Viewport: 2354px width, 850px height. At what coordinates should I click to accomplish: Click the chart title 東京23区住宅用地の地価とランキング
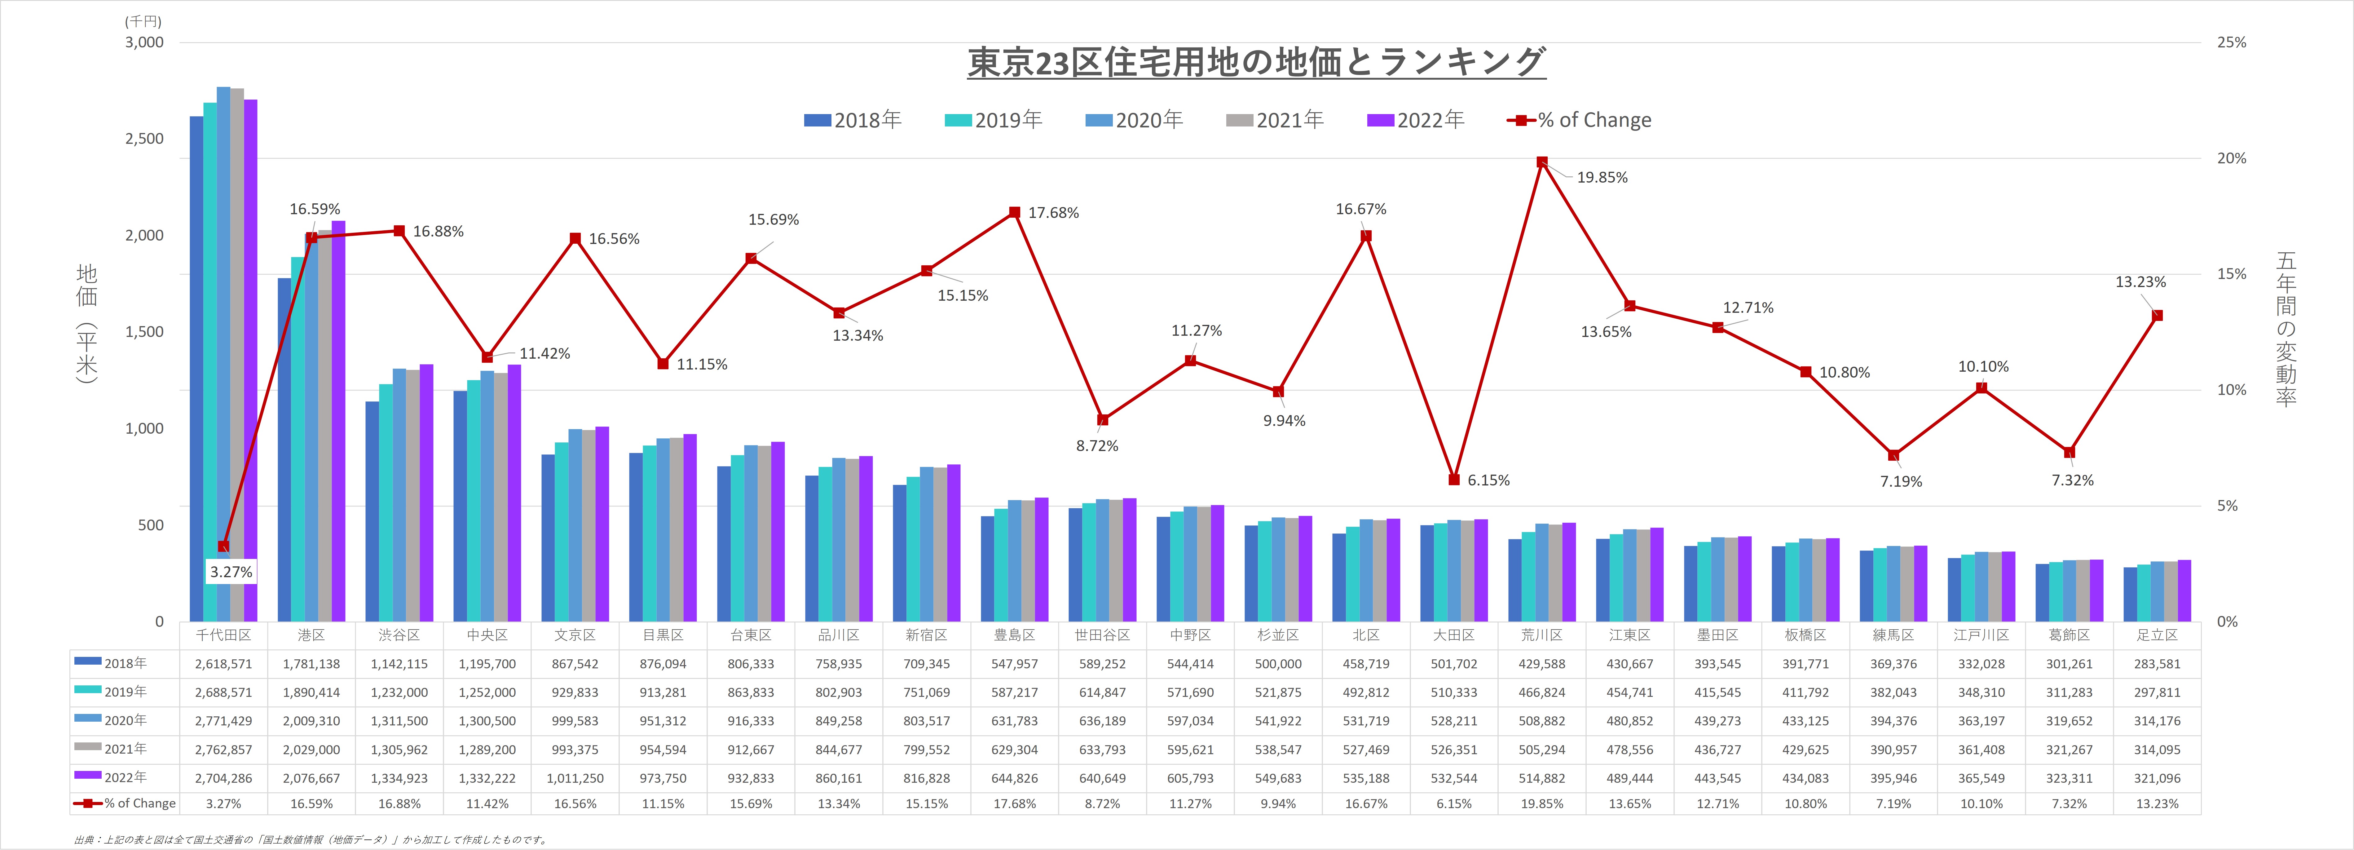point(1257,62)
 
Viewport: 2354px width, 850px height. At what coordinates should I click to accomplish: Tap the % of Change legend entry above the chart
point(1579,120)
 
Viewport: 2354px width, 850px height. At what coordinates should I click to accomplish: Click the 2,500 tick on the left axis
point(144,139)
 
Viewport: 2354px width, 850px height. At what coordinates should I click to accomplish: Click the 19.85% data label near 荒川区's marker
point(1602,177)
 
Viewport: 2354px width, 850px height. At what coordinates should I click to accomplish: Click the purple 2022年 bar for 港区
point(338,420)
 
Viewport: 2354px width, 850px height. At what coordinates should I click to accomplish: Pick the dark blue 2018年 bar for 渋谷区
point(372,512)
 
